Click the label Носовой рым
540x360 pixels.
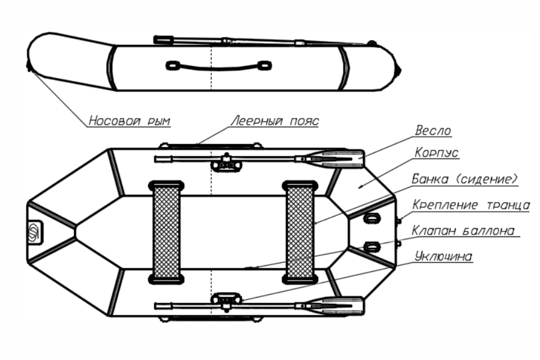pos(129,121)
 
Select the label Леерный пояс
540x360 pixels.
pos(275,121)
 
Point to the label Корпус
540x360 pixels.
pos(437,153)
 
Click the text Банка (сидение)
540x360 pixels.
pos(465,179)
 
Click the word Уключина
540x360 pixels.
pos(443,256)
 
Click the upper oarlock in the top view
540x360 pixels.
pos(226,161)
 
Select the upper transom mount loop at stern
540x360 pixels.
pos(372,218)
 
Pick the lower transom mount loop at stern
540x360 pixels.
pos(372,246)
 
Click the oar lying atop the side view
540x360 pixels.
pos(258,41)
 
